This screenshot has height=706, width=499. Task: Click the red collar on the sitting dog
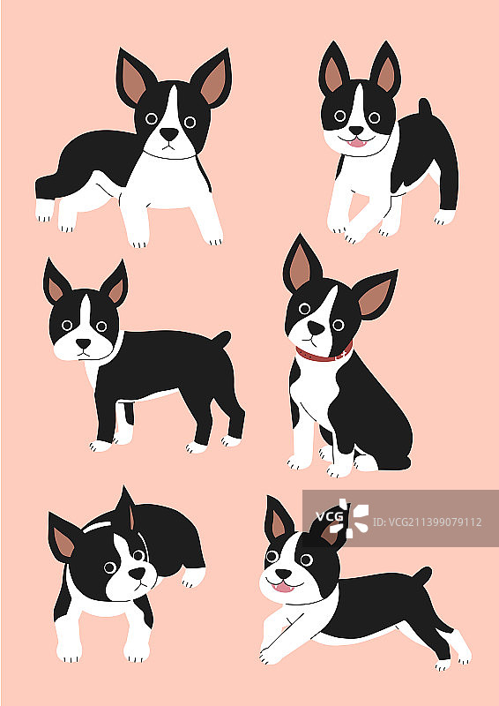(x=323, y=355)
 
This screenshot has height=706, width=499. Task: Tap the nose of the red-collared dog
(x=316, y=327)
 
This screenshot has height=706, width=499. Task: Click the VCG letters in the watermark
(x=330, y=517)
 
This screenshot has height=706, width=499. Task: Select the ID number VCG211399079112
(x=428, y=522)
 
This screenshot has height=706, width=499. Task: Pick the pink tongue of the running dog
(x=284, y=587)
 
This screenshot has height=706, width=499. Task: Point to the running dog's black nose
(x=283, y=575)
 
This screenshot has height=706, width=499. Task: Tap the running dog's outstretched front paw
(x=269, y=657)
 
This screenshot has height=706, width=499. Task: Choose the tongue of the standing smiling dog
(x=358, y=143)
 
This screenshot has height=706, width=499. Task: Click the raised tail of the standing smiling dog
(x=425, y=107)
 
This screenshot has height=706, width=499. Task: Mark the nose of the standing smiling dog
(x=356, y=131)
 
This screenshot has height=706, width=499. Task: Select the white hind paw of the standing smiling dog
(x=444, y=217)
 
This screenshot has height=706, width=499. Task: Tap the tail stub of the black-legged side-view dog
(x=222, y=339)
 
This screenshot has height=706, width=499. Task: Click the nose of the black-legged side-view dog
(x=83, y=343)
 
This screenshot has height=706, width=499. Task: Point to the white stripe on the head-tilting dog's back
(x=98, y=526)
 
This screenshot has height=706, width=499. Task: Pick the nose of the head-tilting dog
(x=138, y=574)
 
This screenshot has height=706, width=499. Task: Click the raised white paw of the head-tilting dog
(x=193, y=577)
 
